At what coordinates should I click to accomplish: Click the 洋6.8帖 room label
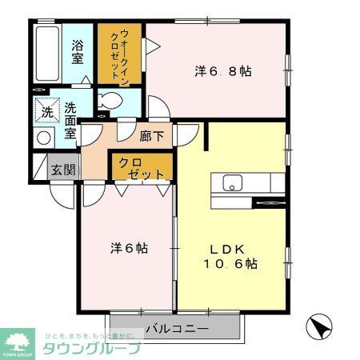click(222, 71)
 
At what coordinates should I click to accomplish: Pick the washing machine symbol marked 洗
click(46, 110)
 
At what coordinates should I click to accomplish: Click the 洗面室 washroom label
click(70, 120)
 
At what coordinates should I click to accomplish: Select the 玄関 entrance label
click(64, 169)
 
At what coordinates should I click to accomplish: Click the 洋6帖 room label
click(128, 247)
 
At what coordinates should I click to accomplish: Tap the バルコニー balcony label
click(177, 329)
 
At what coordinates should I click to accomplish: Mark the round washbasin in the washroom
click(43, 137)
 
